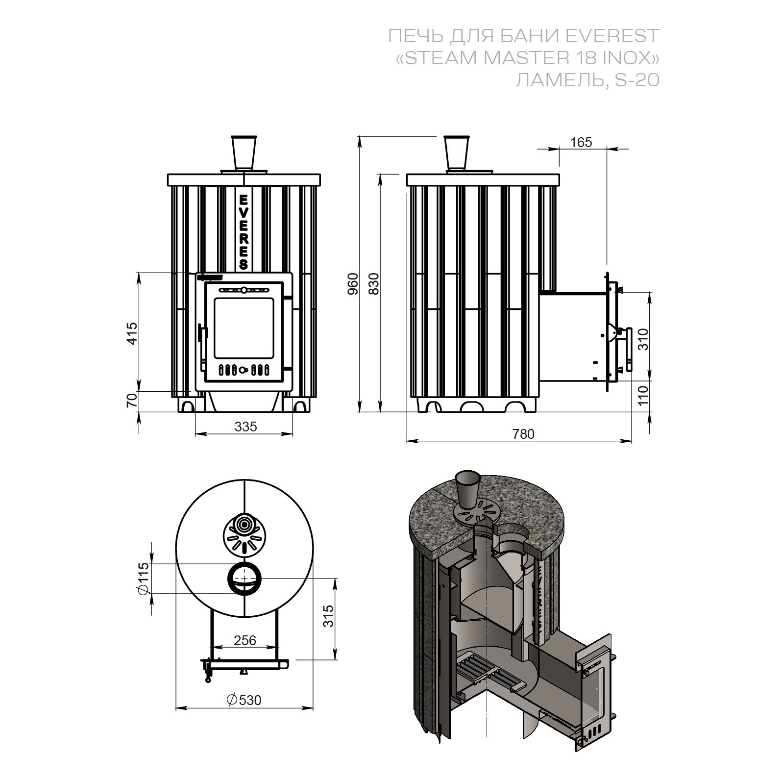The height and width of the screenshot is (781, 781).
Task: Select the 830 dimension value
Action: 374,284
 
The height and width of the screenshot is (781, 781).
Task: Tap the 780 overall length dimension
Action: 523,434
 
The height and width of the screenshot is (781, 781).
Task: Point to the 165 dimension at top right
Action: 581,142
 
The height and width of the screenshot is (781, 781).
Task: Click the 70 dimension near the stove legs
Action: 132,401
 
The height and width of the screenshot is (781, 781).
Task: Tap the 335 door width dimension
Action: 245,427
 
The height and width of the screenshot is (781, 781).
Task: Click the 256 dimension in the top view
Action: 245,640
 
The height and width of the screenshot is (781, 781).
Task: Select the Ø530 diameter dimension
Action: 244,700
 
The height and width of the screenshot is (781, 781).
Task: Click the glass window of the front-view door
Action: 243,328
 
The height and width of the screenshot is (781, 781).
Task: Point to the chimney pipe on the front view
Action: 244,152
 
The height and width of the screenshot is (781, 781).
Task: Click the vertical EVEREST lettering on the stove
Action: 244,231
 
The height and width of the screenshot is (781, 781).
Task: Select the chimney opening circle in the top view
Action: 244,579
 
